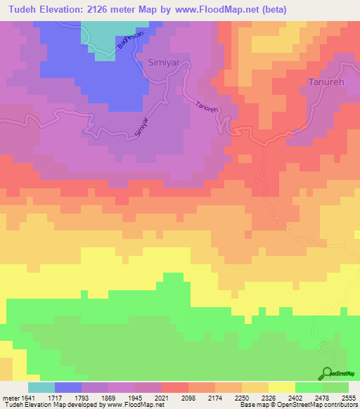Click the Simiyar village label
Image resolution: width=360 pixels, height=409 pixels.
(164, 63)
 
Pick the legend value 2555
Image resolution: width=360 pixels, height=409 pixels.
(348, 398)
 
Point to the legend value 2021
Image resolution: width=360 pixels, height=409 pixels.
(161, 398)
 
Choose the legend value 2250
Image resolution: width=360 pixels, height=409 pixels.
(241, 398)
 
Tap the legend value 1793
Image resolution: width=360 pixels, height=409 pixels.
(81, 398)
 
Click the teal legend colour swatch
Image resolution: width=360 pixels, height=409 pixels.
(41, 387)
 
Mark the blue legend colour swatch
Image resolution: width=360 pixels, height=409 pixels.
(67, 387)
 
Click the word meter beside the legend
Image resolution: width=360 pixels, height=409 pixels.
(10, 398)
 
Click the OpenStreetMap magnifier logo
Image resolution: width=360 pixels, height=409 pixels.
(327, 373)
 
